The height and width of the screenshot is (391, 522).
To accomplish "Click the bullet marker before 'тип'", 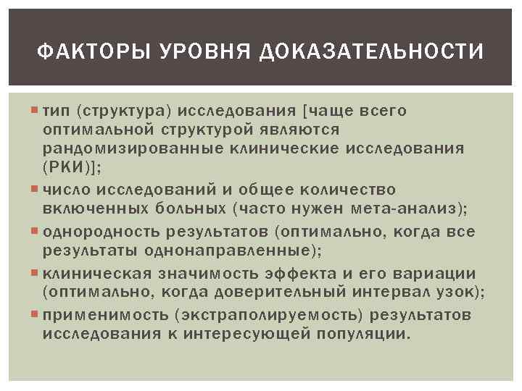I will pos(38,111).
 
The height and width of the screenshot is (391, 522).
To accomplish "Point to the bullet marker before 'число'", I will pos(38,190).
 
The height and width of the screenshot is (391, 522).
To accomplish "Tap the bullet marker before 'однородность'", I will pos(38,232).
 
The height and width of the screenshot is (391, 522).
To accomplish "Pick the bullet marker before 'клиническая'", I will pos(38,274).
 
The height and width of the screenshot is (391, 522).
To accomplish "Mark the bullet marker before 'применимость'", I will pos(38,316).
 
